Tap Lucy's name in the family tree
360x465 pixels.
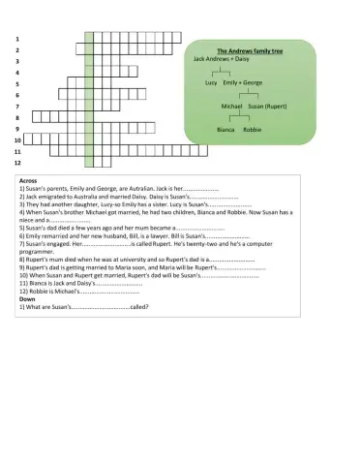pyautogui.click(x=211, y=83)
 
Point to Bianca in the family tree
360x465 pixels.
pyautogui.click(x=226, y=128)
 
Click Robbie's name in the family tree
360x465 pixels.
pyautogui.click(x=253, y=128)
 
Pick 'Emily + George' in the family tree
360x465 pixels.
pyautogui.click(x=243, y=83)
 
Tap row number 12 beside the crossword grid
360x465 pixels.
pyautogui.click(x=16, y=163)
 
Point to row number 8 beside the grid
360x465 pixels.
pyautogui.click(x=17, y=117)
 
